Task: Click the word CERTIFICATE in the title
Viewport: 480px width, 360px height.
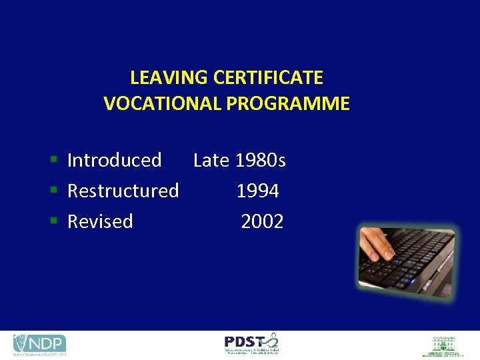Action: [268, 78]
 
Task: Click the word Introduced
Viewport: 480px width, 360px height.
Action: [115, 160]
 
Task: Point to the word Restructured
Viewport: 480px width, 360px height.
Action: [123, 191]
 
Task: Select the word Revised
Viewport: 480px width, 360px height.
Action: [100, 221]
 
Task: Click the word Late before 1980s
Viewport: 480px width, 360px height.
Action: [211, 160]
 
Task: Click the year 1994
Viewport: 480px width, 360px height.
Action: [257, 191]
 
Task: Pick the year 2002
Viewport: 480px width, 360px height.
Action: [262, 221]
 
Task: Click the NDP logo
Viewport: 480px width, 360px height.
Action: [39, 344]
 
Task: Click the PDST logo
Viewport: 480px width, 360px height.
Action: [251, 343]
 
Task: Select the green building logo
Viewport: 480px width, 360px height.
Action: [443, 345]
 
